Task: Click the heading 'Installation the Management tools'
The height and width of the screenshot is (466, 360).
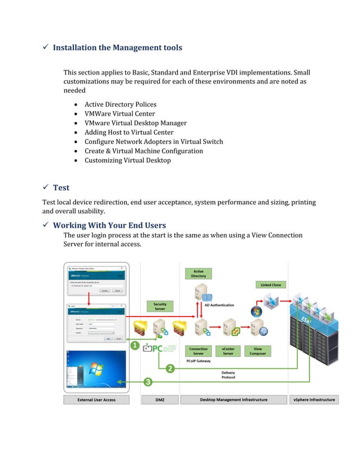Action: (117, 48)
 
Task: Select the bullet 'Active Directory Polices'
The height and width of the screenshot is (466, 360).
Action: (120, 104)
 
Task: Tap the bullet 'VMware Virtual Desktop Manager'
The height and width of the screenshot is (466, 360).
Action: (135, 123)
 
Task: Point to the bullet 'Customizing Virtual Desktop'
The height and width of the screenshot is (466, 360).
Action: (128, 160)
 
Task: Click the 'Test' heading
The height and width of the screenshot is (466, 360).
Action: (61, 187)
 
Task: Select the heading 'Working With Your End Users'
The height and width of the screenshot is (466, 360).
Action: (109, 226)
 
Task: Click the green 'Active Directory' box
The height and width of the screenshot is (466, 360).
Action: (199, 274)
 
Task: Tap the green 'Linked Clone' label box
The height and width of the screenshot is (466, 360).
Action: (271, 285)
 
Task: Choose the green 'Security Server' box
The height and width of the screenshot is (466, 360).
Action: (160, 306)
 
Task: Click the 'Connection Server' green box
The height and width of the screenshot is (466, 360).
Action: (199, 351)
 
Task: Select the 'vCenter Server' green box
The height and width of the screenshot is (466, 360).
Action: (228, 351)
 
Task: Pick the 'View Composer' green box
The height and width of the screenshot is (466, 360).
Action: (257, 351)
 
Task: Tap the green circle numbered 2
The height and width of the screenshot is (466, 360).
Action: (170, 368)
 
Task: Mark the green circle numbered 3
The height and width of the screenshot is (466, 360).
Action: (148, 382)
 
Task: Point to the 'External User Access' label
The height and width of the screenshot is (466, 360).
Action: (96, 399)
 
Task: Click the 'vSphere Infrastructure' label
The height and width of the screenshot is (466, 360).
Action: (314, 399)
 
